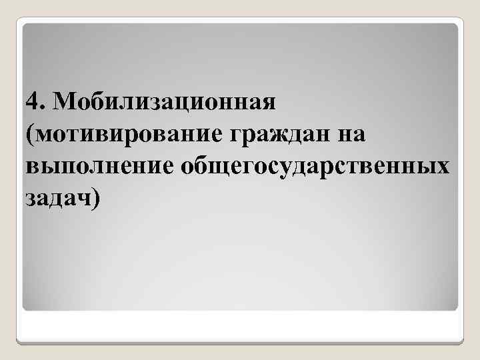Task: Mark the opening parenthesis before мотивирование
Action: pyautogui.click(x=30, y=136)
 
